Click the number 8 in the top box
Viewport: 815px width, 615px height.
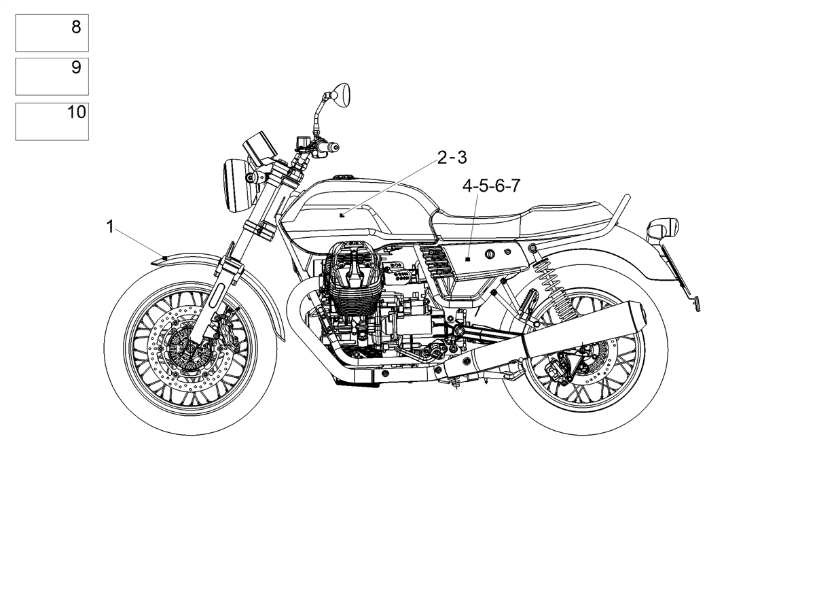pos(76,27)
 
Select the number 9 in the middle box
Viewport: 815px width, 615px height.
pos(76,67)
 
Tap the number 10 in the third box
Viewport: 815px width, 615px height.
pos(77,111)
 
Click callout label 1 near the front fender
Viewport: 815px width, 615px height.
pos(110,227)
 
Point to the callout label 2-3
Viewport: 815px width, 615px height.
pos(452,158)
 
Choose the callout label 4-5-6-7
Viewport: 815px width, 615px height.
pos(491,186)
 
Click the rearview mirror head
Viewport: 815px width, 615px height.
pos(341,96)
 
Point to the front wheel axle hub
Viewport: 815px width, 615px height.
pos(190,349)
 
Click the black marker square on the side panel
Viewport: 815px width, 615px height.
pos(468,259)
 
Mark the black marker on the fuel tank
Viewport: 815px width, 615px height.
pos(342,215)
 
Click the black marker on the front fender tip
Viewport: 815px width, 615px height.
pos(165,258)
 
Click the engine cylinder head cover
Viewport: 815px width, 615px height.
pos(352,264)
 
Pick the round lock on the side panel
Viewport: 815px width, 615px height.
pos(490,254)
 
